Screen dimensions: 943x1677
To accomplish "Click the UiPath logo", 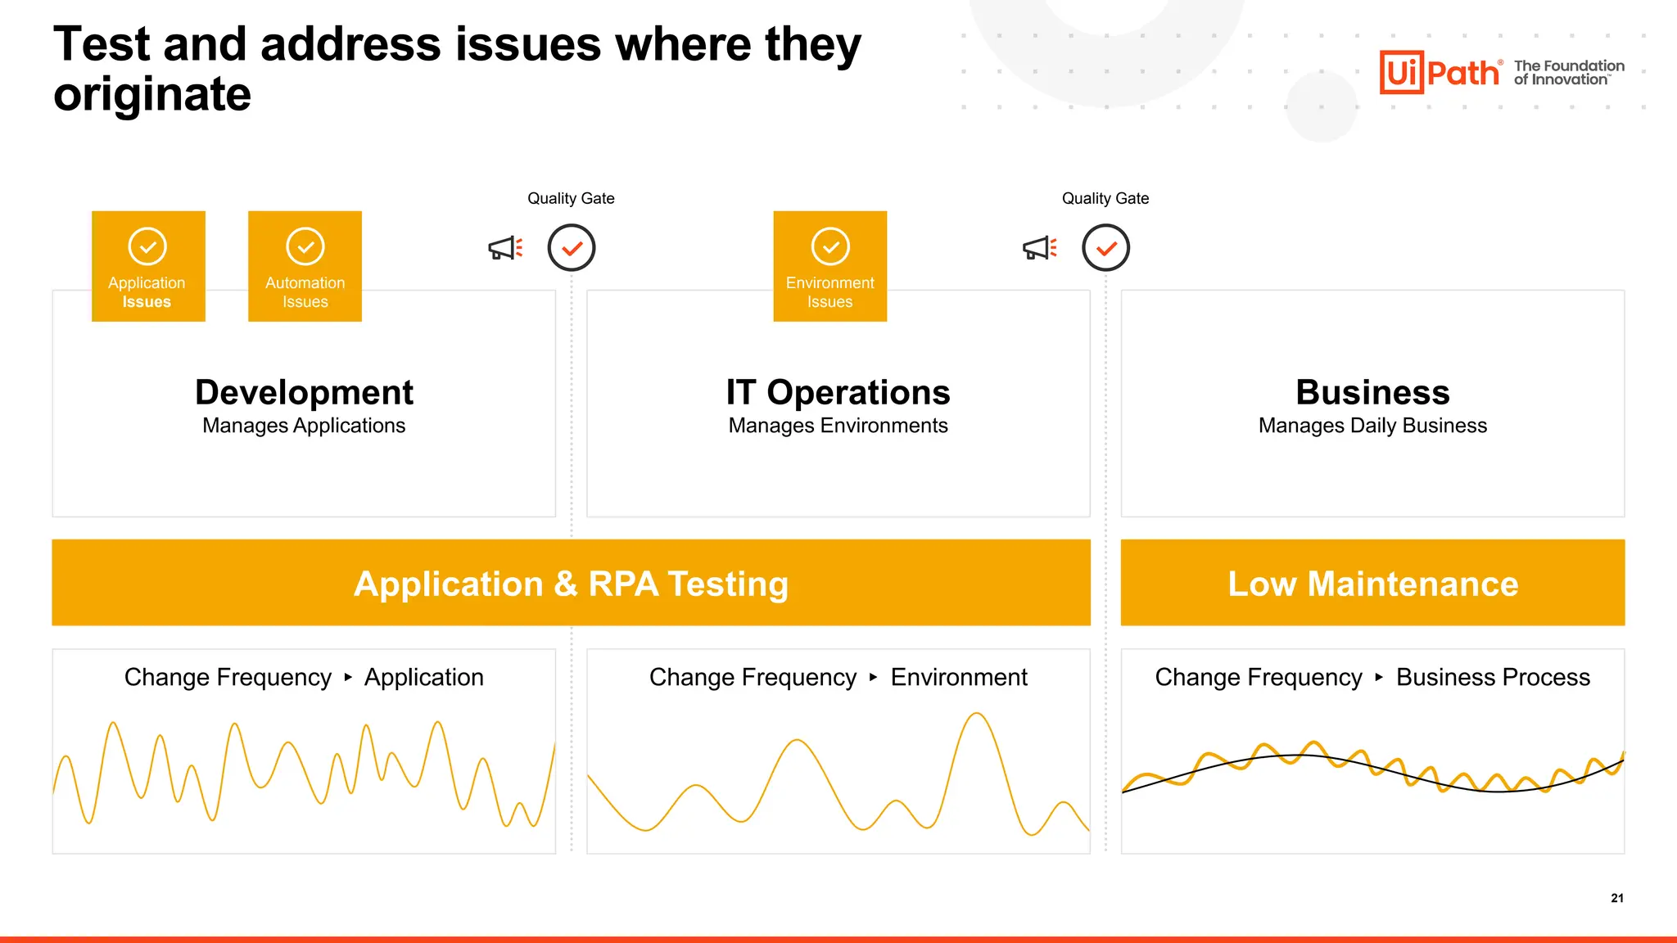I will (x=1440, y=73).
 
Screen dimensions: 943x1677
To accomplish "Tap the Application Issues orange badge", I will (x=148, y=266).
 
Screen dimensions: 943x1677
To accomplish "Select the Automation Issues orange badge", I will (x=305, y=266).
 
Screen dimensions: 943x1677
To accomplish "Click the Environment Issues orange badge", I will (x=829, y=266).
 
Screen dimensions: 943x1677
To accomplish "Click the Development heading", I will (x=304, y=393).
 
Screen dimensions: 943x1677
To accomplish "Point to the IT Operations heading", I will (x=838, y=393).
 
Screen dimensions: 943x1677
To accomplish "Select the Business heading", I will (x=1372, y=393).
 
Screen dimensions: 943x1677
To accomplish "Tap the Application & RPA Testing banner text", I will (x=571, y=584).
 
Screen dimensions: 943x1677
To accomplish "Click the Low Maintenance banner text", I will (x=1372, y=584).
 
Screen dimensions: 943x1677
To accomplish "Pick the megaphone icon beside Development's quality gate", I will (x=504, y=248).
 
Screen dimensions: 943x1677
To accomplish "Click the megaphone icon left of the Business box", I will (x=1039, y=248).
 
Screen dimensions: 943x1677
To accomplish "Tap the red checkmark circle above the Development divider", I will (x=572, y=248).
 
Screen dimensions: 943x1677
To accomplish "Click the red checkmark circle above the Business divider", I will (x=1105, y=248).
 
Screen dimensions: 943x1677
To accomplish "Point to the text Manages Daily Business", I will (x=1372, y=426).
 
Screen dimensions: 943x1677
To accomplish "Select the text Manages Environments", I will (x=838, y=426).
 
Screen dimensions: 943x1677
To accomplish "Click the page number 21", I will (x=1617, y=898).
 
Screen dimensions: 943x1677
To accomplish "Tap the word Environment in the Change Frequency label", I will (x=958, y=678).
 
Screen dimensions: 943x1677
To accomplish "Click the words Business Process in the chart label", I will (x=1493, y=678).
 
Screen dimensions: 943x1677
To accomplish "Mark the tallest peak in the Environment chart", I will (x=976, y=715).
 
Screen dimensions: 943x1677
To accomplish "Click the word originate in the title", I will (x=152, y=95).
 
